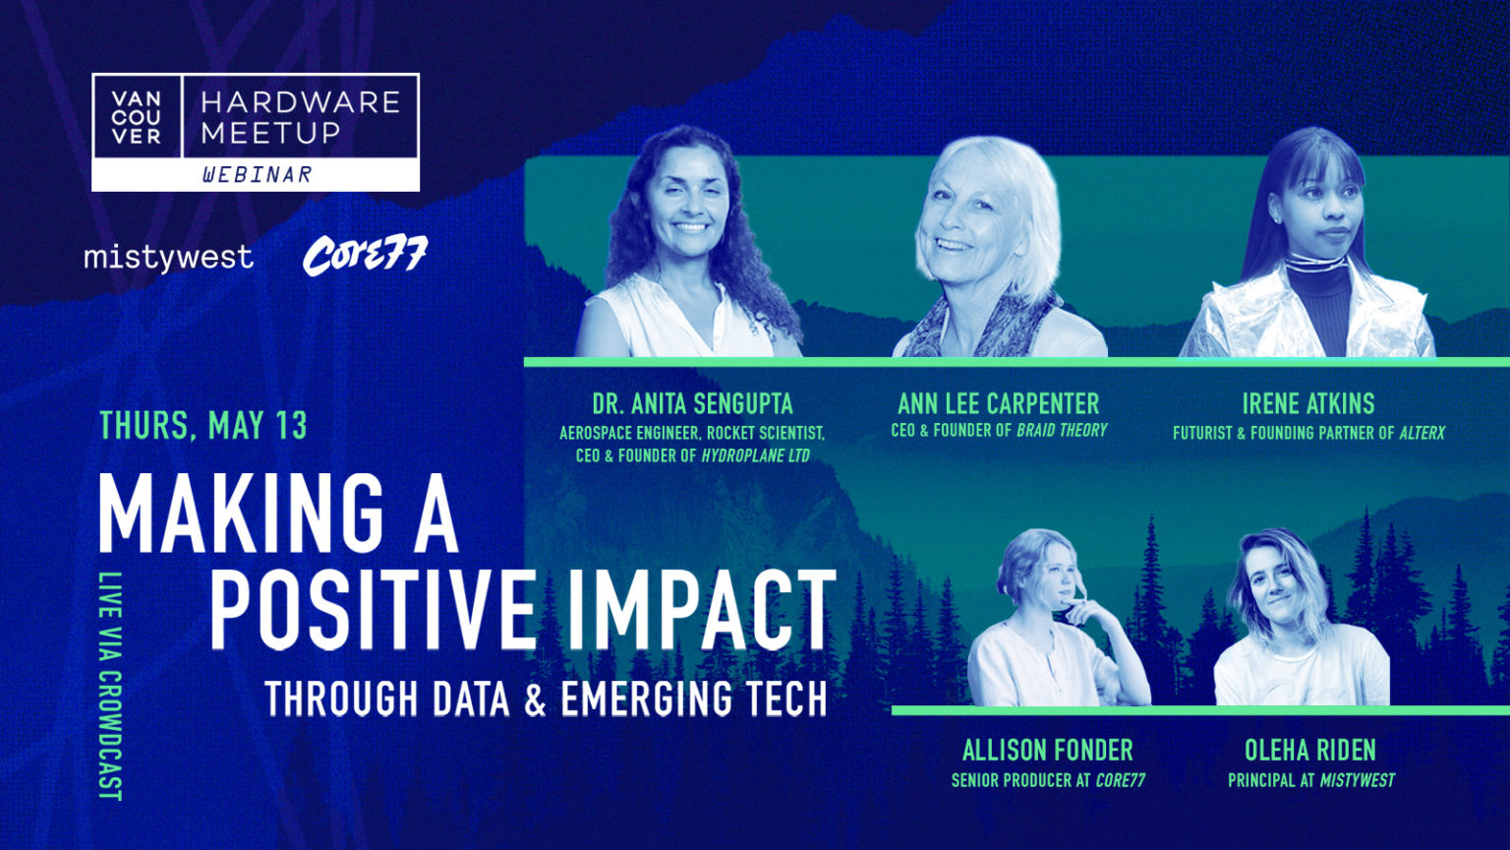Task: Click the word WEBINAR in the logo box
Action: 258,175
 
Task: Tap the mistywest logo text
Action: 168,258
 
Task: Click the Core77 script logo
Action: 365,255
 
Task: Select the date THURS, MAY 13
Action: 203,426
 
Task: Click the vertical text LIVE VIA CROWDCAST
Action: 110,687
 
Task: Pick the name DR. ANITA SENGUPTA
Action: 692,404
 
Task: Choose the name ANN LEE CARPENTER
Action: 999,404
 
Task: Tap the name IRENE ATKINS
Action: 1308,404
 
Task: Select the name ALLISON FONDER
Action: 1048,751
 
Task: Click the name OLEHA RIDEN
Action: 1309,751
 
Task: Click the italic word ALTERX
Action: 1422,433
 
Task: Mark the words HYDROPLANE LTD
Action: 755,456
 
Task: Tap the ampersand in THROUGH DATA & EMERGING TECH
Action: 535,698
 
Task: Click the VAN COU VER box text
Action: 137,118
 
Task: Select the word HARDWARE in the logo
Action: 301,103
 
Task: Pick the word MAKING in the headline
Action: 241,515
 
